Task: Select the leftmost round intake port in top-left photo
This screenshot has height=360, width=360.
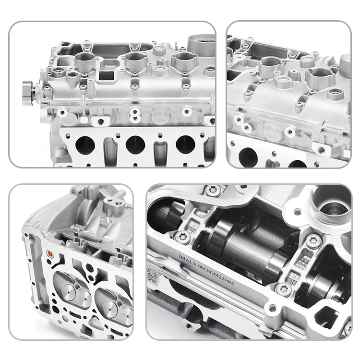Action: (x=85, y=144)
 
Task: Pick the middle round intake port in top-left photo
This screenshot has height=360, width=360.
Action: (x=135, y=144)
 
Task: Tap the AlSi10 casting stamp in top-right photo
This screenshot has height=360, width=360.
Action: (x=271, y=132)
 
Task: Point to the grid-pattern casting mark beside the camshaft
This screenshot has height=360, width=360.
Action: (x=302, y=262)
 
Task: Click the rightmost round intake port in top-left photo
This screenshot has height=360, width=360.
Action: (x=185, y=144)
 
